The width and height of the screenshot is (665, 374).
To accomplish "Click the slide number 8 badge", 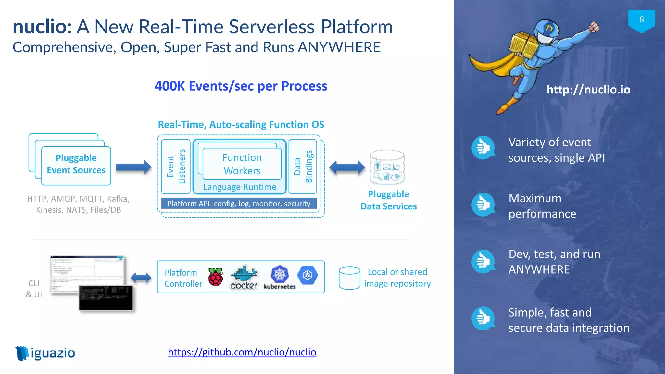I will [x=641, y=20].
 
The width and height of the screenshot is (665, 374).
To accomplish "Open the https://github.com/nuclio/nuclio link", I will [x=242, y=352].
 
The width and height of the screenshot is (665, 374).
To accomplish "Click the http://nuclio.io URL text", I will [x=588, y=90].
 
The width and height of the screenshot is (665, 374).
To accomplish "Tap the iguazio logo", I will [x=45, y=353].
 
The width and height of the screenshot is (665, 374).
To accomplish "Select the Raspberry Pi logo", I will [x=216, y=277].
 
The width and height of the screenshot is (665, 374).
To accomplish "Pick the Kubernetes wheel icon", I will [x=280, y=274].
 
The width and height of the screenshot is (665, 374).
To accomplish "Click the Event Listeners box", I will [x=176, y=167].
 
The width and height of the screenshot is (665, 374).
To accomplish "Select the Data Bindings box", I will [x=303, y=167].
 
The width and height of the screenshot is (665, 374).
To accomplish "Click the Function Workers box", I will [x=242, y=164].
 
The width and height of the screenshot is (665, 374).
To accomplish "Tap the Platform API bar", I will [x=239, y=204].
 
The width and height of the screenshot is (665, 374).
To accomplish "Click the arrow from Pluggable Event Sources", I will [x=133, y=168].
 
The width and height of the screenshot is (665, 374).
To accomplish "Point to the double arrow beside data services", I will [x=347, y=168].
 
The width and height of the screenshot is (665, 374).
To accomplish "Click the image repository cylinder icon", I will [x=349, y=278].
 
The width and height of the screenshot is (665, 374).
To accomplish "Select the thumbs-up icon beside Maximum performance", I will [x=483, y=205].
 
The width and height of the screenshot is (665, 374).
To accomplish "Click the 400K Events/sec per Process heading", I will [x=241, y=86].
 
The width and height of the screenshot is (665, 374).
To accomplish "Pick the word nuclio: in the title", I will [x=42, y=27].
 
